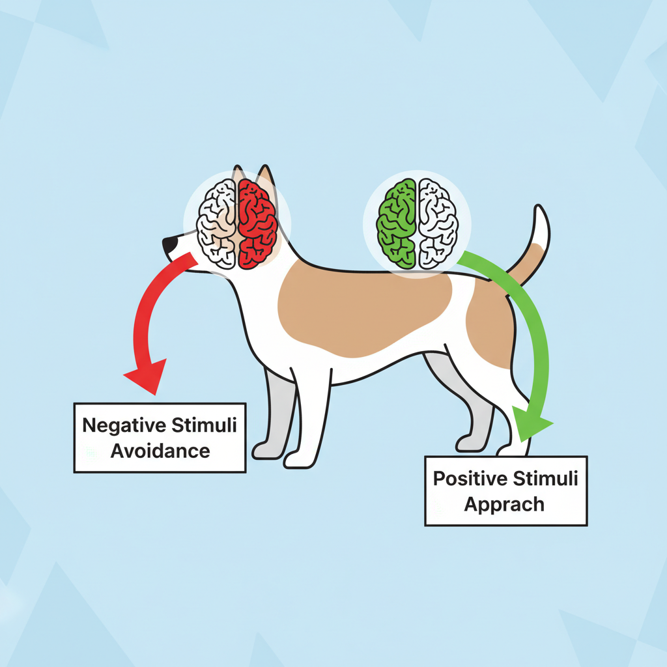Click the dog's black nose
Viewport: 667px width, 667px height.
[169, 245]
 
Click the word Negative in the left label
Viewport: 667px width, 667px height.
[124, 426]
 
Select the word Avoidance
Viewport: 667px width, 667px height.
[160, 450]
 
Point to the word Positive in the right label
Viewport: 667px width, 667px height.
[470, 479]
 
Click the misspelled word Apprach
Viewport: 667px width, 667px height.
[504, 504]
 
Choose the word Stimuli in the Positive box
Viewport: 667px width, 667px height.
[546, 479]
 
